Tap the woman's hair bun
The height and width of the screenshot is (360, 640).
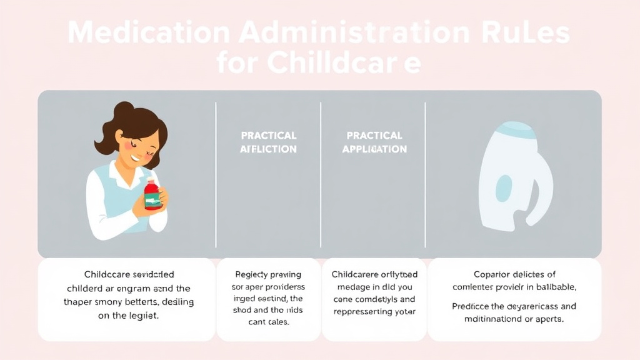click(123, 109)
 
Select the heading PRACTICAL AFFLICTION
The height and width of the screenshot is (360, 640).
click(269, 142)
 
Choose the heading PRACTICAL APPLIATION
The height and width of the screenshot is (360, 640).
click(374, 142)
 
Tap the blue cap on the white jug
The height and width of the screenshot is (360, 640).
click(516, 131)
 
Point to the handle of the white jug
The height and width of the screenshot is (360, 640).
click(542, 187)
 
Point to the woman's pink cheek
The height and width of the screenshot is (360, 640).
click(128, 145)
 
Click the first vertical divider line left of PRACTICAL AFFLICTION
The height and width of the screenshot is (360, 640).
click(216, 175)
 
